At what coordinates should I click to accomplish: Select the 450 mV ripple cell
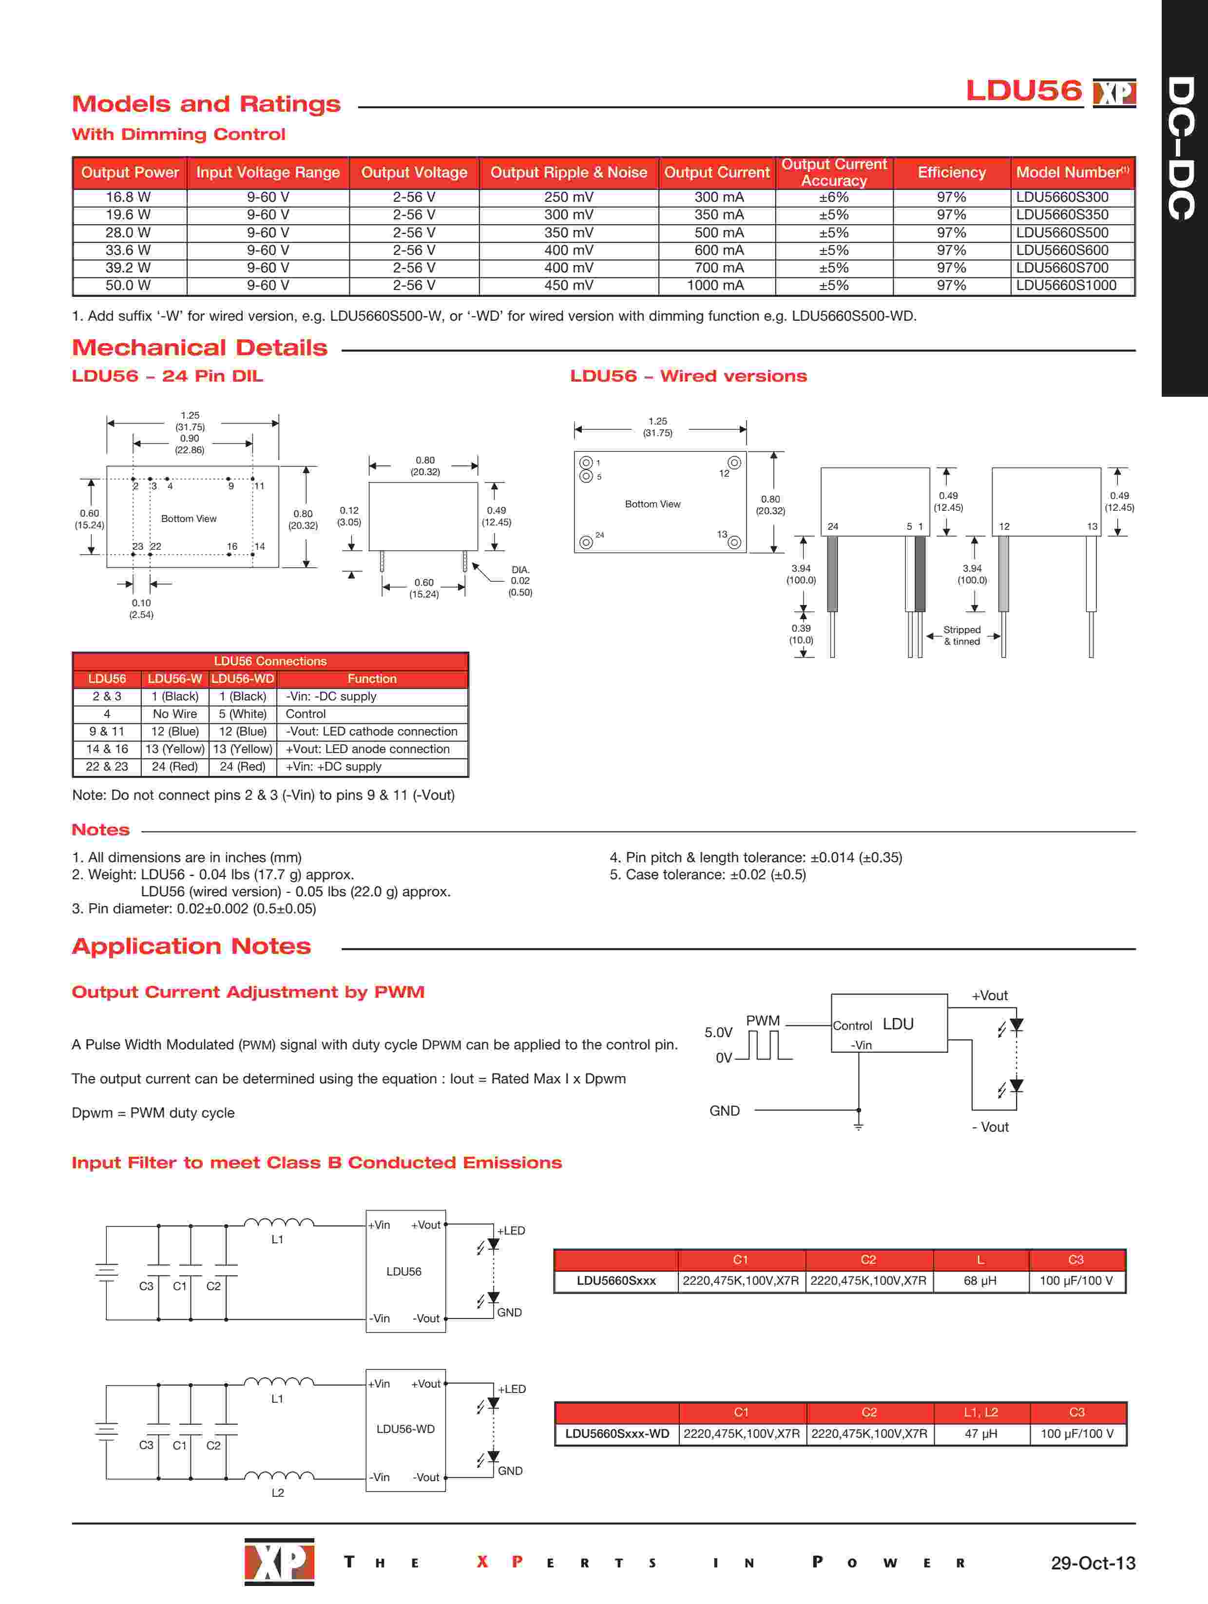(x=569, y=285)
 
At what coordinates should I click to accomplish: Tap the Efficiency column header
(x=951, y=173)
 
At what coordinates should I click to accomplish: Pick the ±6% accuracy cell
(x=834, y=197)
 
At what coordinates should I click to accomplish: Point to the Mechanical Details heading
(x=199, y=348)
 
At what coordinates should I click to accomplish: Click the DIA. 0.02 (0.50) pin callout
(x=520, y=581)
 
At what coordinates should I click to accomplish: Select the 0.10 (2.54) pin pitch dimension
(x=141, y=608)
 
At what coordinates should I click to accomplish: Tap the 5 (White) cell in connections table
(x=243, y=714)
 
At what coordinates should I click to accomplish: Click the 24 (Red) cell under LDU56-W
(x=175, y=767)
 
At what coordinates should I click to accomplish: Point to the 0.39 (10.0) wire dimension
(x=801, y=635)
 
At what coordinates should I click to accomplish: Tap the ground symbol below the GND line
(x=859, y=1125)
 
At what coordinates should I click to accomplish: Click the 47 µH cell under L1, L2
(x=980, y=1433)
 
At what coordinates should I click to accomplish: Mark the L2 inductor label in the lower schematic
(x=278, y=1493)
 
